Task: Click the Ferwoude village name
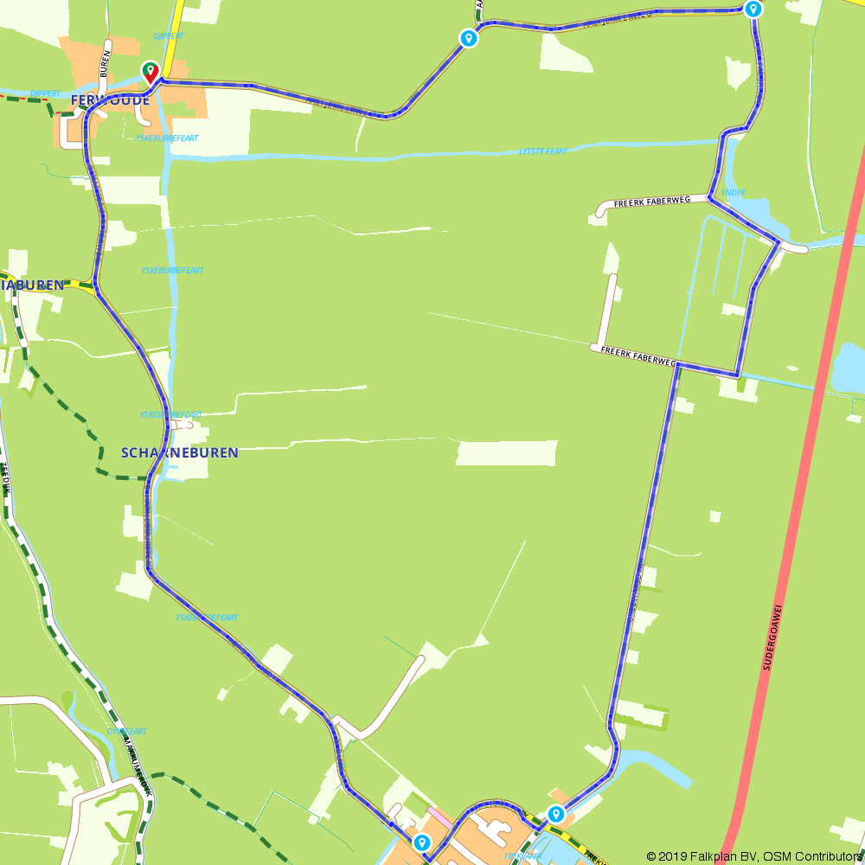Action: click(110, 100)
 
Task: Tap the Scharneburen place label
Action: click(179, 452)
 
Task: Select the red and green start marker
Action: click(150, 72)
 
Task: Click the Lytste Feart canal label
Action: click(543, 151)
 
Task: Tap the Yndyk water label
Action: click(733, 193)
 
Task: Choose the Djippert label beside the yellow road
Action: click(169, 36)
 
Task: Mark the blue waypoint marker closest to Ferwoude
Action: click(468, 38)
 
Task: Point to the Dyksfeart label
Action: click(127, 732)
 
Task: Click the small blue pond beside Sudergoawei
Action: click(847, 368)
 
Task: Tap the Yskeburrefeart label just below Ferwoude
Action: click(167, 138)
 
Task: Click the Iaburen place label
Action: click(32, 285)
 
